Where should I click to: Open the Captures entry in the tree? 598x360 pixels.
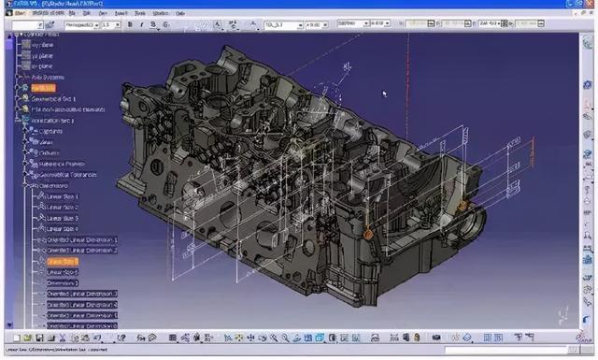[50, 131]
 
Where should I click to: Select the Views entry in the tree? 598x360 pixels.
[47, 142]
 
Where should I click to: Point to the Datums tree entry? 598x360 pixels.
[49, 152]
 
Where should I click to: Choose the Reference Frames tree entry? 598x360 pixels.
[61, 164]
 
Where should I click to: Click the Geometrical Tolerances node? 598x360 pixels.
[65, 175]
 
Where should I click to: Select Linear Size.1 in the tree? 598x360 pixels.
[63, 196]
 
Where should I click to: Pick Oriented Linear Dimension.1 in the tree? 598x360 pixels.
[82, 240]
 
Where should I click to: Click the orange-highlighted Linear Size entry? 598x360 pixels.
[63, 262]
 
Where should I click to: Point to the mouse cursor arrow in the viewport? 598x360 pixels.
[384, 93]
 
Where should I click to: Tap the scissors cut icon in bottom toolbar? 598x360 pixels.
[62, 338]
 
